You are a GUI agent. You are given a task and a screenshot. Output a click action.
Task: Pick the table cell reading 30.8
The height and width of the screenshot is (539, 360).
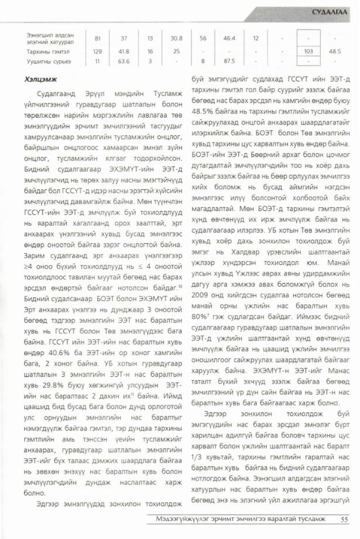176,39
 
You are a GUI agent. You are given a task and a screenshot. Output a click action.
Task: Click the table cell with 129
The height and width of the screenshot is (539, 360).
97,51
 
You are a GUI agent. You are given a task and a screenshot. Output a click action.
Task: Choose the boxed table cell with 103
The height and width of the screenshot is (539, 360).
308,51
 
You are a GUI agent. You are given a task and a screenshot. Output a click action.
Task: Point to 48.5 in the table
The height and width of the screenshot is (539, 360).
335,51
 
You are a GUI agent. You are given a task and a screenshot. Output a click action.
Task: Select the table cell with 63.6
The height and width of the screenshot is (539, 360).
124,60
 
